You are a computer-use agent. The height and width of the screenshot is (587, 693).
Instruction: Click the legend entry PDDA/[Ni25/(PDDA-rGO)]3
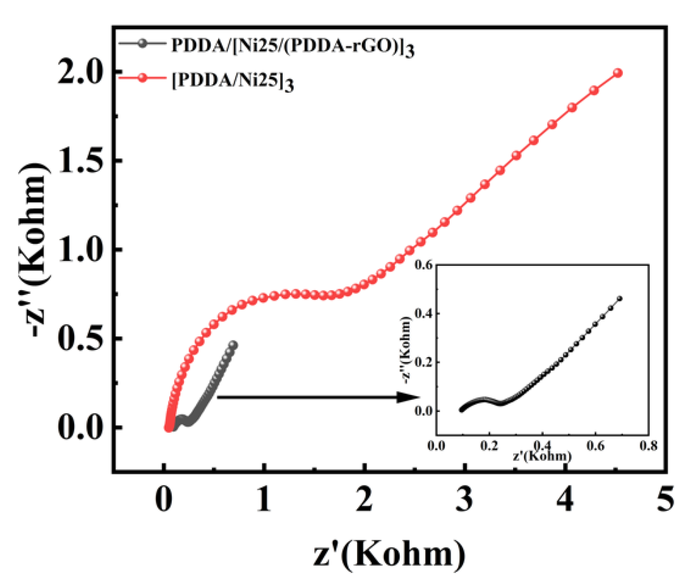click(x=292, y=46)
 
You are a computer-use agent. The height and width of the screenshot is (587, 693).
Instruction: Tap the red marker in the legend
click(x=143, y=78)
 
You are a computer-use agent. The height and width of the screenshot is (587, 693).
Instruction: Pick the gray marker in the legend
click(x=143, y=44)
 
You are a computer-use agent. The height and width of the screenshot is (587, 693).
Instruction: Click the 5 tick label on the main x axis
click(x=665, y=499)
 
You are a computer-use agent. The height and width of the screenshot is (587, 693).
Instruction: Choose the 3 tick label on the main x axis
click(x=465, y=499)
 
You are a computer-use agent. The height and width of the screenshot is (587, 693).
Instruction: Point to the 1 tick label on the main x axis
click(x=264, y=499)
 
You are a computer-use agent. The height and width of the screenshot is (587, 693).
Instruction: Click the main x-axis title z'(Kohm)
click(x=389, y=554)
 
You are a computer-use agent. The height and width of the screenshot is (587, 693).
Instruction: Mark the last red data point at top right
click(x=618, y=73)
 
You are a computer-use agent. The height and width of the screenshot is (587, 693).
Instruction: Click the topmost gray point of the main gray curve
click(x=233, y=345)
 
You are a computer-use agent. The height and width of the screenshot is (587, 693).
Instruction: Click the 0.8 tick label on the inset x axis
click(x=648, y=446)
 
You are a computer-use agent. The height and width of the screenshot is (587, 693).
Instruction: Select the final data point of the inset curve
click(x=620, y=298)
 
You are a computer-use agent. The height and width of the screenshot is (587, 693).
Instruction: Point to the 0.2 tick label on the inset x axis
click(x=489, y=446)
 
